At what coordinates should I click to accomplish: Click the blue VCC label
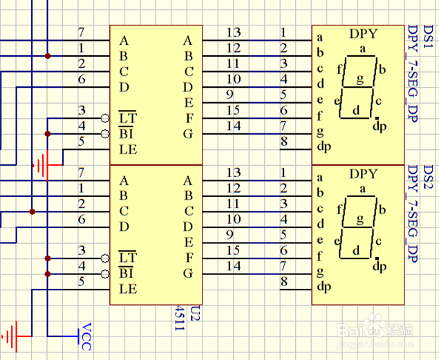[86, 336]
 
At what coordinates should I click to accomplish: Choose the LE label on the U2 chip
[127, 288]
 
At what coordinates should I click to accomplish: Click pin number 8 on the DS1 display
[283, 142]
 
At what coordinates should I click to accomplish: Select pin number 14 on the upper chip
[233, 126]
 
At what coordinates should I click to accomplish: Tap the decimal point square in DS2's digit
[375, 258]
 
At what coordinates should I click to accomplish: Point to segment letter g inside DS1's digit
[359, 79]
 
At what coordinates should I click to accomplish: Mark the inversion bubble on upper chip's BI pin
[105, 133]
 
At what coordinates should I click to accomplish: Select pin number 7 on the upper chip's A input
[81, 32]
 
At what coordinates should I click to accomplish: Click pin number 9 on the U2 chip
[229, 234]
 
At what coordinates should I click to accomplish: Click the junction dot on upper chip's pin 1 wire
[47, 55]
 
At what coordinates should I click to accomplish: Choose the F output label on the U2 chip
[187, 257]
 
